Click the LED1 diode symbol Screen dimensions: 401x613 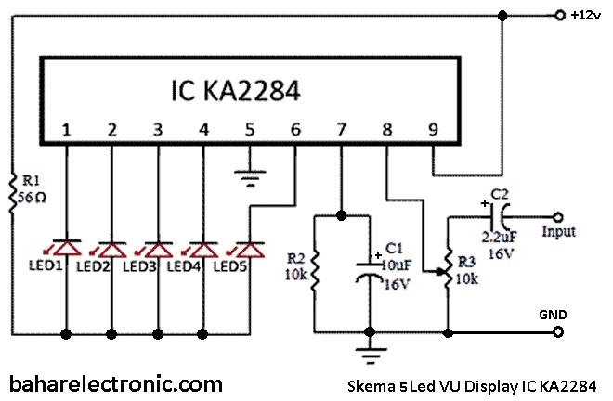pos(67,248)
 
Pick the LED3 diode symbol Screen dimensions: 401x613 pos(157,248)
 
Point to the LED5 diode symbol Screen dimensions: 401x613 pos(248,248)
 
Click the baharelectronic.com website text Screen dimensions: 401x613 pos(115,382)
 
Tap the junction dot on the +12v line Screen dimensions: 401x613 pos(502,15)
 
